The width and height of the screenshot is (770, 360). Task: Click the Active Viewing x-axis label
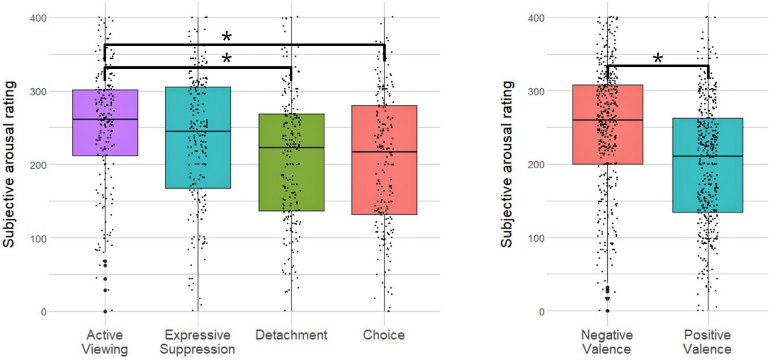105,342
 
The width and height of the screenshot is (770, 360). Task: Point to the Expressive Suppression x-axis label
198,342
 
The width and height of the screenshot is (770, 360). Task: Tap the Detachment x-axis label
291,335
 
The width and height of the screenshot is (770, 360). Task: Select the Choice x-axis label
384,335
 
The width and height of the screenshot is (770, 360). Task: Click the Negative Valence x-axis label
607,342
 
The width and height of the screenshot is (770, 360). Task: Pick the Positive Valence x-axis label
707,342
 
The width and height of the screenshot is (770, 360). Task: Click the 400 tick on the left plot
38,18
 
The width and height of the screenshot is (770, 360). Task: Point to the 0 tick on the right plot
541,312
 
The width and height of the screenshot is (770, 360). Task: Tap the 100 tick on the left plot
38,239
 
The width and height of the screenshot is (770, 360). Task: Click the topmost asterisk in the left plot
226,37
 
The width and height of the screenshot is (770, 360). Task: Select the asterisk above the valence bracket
658,58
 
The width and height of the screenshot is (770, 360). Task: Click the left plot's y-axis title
9,164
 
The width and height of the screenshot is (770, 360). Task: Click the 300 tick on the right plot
536,92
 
